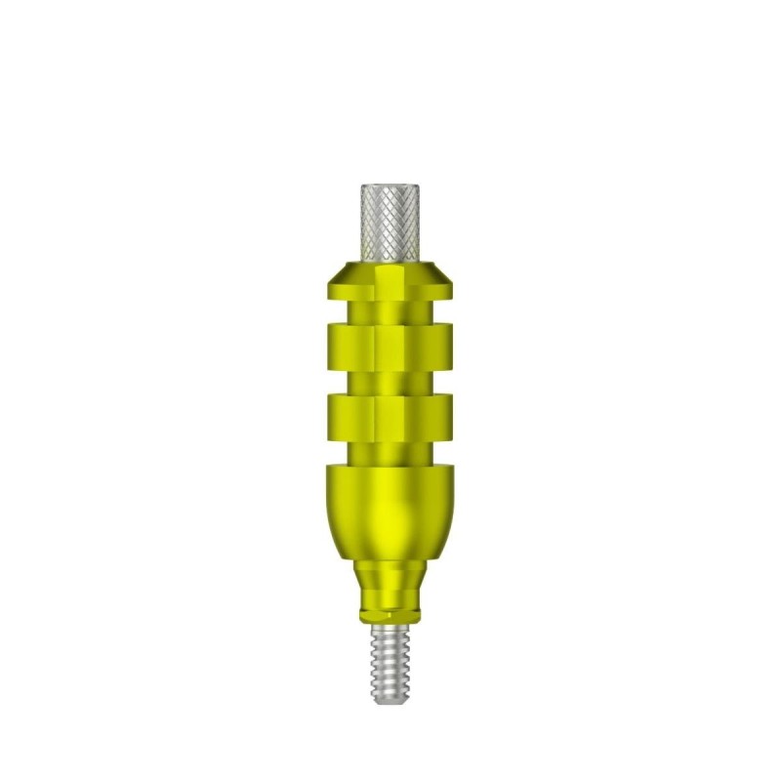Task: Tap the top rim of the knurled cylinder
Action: click(x=390, y=185)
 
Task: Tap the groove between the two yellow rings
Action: click(x=390, y=377)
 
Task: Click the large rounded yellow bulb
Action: click(x=390, y=513)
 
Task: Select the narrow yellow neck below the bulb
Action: click(x=390, y=586)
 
